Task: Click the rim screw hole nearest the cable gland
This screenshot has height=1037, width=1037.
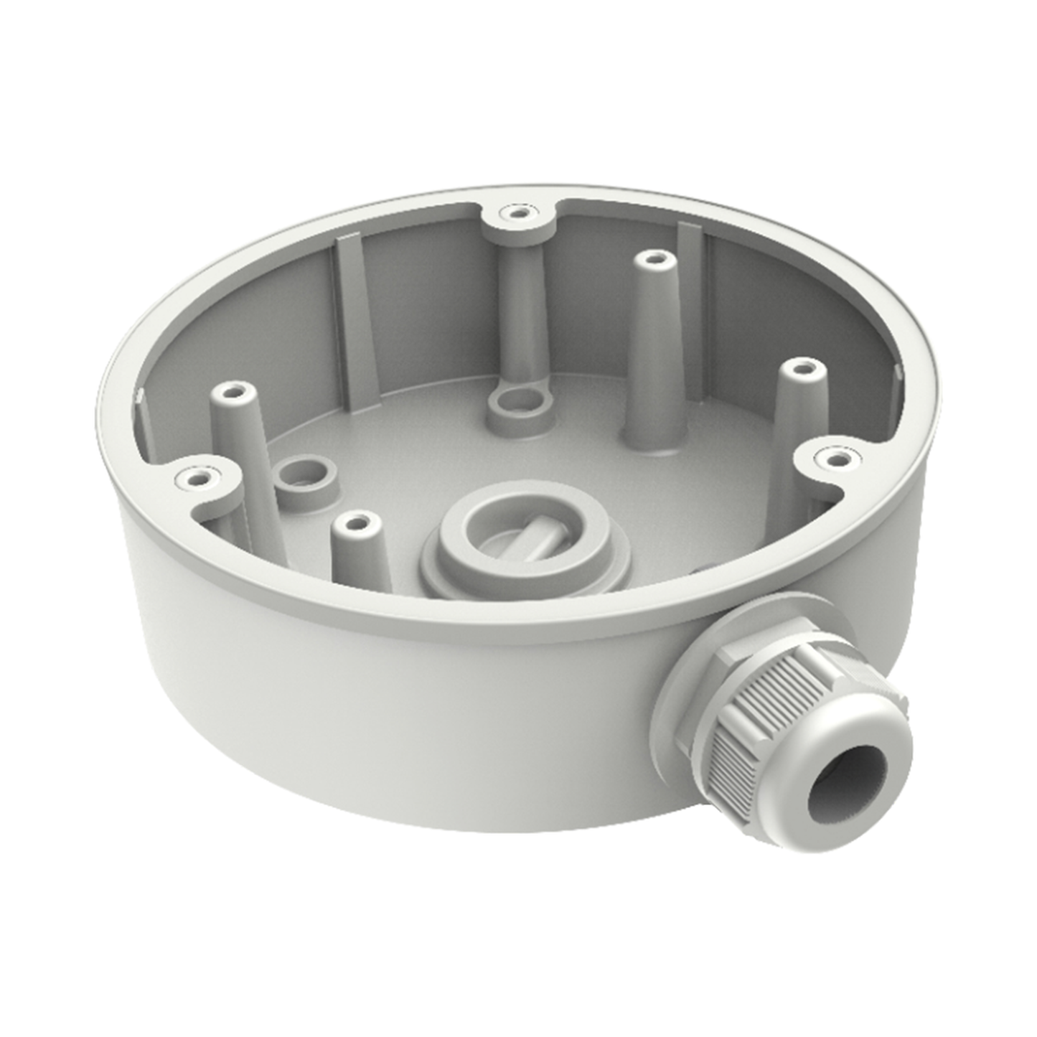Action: coord(833,456)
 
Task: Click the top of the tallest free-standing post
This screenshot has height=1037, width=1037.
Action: coord(651,259)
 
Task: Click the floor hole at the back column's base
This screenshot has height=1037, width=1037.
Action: coord(515,403)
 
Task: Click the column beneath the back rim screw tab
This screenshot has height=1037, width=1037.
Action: coord(516,301)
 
